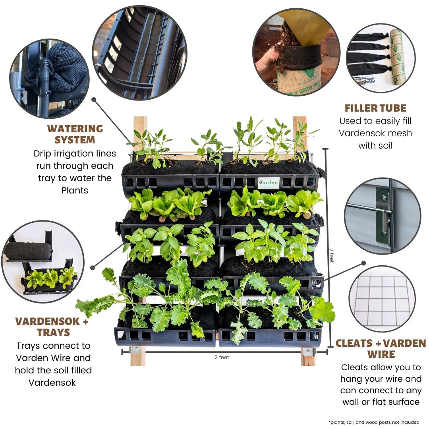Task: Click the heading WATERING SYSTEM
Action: [x=75, y=134]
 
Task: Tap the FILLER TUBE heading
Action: [x=375, y=108]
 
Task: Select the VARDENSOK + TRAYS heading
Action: [x=52, y=327]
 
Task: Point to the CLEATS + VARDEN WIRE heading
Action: [x=381, y=348]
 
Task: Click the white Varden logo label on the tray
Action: [x=269, y=183]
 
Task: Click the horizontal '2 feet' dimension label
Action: [x=222, y=357]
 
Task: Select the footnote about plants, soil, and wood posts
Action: [x=374, y=422]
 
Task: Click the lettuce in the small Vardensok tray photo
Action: [x=51, y=278]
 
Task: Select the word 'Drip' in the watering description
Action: [x=43, y=154]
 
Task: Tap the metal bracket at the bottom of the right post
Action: [x=308, y=352]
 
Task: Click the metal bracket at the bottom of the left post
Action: [x=136, y=350]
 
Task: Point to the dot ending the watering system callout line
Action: [x=94, y=99]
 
